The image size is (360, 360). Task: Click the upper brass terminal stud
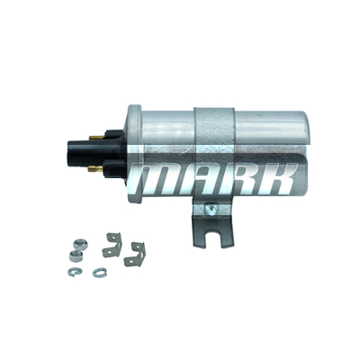(96, 138)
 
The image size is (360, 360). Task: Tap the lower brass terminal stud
(95, 169)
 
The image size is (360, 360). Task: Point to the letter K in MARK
(278, 179)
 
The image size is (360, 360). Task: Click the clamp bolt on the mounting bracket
(211, 209)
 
